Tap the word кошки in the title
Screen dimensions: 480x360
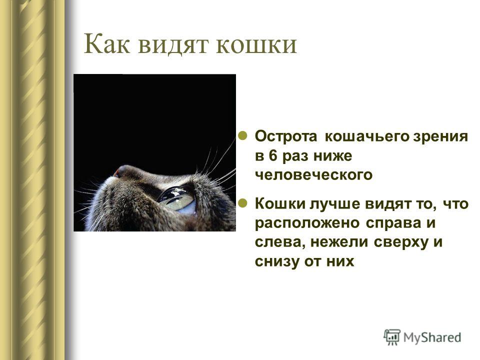[x=256, y=45]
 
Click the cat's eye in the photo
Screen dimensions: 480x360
[x=177, y=199]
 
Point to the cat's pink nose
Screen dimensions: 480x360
[x=116, y=173]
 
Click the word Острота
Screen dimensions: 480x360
[x=286, y=137]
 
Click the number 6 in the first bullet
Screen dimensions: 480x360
[x=273, y=156]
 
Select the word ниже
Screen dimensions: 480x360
[x=333, y=156]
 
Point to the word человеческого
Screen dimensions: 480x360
[x=314, y=175]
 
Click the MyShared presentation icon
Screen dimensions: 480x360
[x=392, y=337]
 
